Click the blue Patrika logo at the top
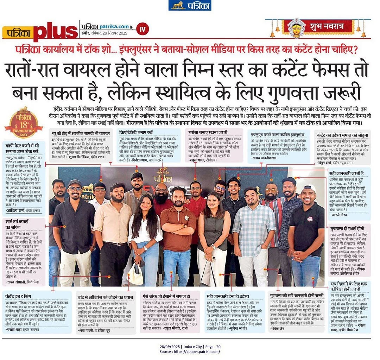click(190, 5)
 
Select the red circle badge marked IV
click(143, 29)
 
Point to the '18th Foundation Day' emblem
click(24, 122)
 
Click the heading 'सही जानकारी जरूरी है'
click(346, 173)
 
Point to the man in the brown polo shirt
click(178, 232)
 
